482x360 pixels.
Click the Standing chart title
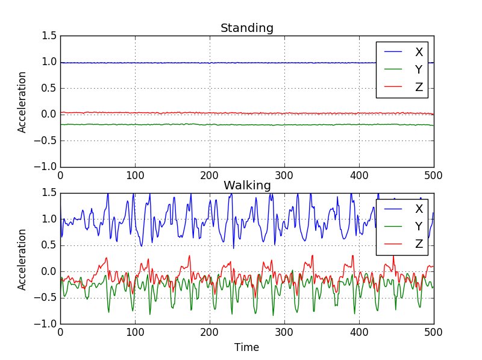pyautogui.click(x=247, y=28)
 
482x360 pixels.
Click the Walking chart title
pyautogui.click(x=247, y=185)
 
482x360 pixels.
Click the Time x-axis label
pyautogui.click(x=247, y=348)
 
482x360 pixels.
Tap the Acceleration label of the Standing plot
pyautogui.click(x=22, y=102)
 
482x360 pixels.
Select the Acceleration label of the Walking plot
pyautogui.click(x=22, y=259)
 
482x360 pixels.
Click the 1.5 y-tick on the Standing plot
pyautogui.click(x=51, y=36)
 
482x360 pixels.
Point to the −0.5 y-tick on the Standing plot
pyautogui.click(x=47, y=141)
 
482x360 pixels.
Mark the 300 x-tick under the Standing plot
pyautogui.click(x=284, y=175)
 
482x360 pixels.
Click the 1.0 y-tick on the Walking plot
pyautogui.click(x=51, y=219)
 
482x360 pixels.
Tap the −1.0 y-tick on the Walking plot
pyautogui.click(x=47, y=324)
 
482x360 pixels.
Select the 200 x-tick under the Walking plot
pyautogui.click(x=210, y=332)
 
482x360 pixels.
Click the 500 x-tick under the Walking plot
pyautogui.click(x=433, y=332)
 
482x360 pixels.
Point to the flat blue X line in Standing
pyautogui.click(x=181, y=62)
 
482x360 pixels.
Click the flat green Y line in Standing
pyautogui.click(x=181, y=124)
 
